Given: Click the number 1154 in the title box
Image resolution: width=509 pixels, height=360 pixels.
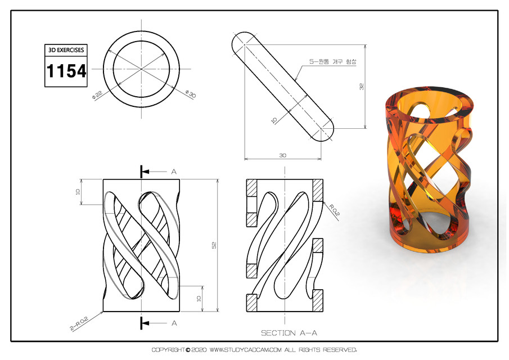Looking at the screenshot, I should pos(66,71).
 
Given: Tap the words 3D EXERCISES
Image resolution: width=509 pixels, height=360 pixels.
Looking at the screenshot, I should pos(66,50).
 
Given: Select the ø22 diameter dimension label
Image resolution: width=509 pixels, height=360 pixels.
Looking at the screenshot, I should pos(97,96).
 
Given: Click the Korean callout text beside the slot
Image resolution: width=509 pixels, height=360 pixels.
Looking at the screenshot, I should pos(329,61).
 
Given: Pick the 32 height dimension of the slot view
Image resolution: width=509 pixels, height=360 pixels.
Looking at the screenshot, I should pos(361,87).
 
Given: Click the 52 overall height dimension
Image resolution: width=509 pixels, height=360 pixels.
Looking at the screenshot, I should pos(214,245).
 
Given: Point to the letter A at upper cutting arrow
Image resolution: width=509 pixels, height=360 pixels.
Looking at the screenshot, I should pos(174,171).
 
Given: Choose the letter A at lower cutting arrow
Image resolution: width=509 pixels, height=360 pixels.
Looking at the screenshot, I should pos(174,323).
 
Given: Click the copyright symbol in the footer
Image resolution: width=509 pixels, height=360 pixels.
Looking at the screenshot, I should pos(188,350).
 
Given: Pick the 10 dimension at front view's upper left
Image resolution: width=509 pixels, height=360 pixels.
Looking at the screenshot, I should pos(79,192).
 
